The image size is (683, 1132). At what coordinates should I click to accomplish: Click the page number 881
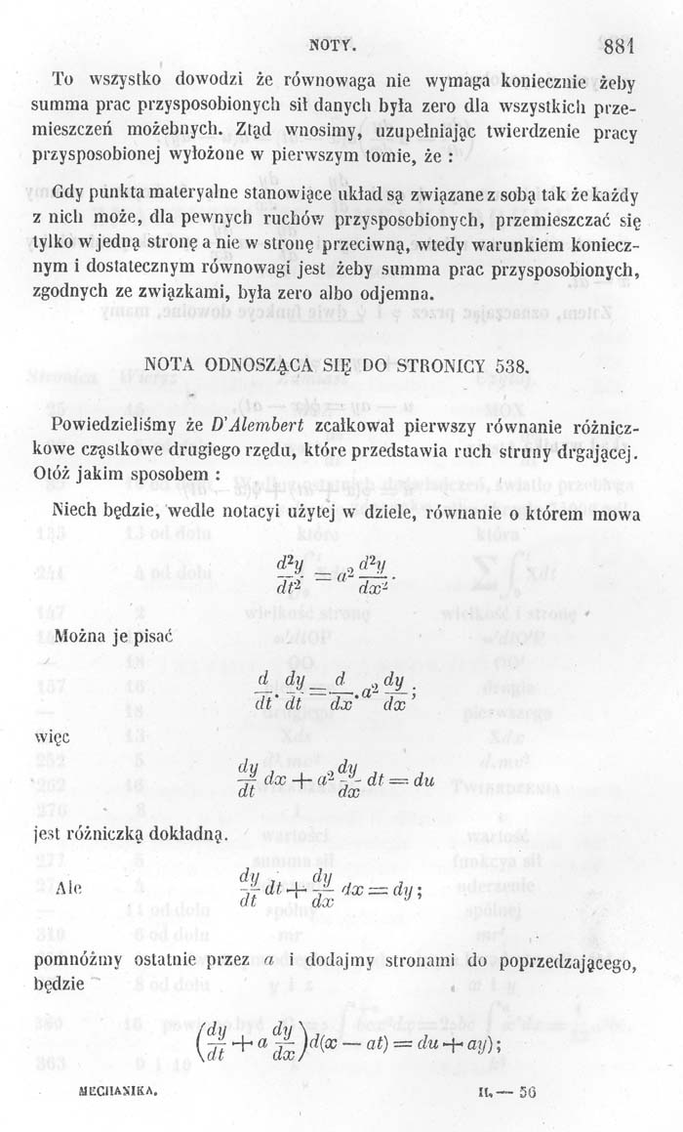click(619, 45)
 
